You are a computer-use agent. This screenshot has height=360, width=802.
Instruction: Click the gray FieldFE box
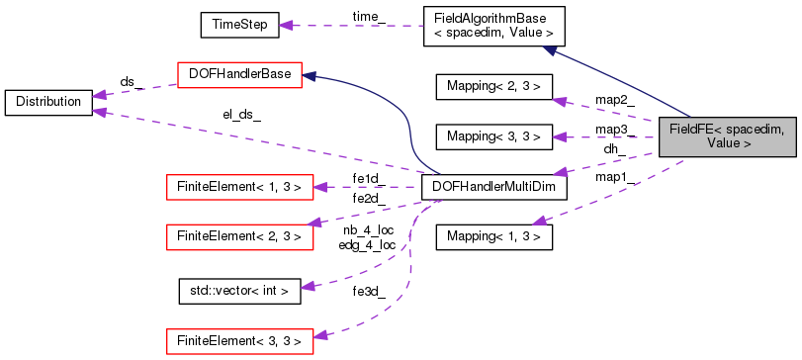tap(728, 136)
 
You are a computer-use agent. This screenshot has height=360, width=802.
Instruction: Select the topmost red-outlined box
tap(238, 75)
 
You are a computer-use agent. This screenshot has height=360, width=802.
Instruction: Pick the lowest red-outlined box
tap(239, 341)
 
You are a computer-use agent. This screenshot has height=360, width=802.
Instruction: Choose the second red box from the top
tap(239, 187)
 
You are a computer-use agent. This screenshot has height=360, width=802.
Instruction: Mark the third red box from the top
tap(239, 236)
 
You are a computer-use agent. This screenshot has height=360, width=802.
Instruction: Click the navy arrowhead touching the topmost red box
tap(309, 75)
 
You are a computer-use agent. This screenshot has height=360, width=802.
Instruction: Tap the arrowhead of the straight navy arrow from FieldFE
tap(548, 49)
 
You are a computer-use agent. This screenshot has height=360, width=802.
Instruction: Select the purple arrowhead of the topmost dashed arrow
tap(285, 25)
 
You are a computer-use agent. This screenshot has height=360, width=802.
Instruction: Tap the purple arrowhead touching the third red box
tap(312, 224)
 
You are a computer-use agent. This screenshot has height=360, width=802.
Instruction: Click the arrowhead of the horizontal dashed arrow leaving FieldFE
tap(559, 136)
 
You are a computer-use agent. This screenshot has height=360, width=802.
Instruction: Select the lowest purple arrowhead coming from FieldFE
tap(538, 221)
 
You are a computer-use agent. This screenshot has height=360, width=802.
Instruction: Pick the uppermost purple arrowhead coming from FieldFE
tap(559, 101)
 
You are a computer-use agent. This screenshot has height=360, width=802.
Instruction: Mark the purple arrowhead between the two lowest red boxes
tap(308, 286)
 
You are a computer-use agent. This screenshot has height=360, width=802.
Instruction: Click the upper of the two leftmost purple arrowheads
tap(99, 95)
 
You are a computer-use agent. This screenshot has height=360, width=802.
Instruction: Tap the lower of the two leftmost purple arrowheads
tap(99, 111)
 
